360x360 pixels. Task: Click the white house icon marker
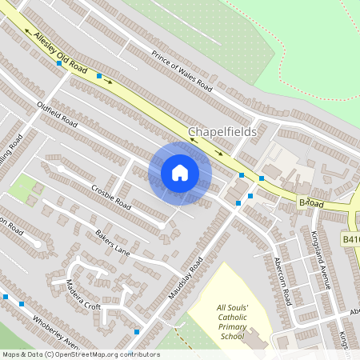(x=180, y=172)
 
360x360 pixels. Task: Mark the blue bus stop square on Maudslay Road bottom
(x=137, y=331)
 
